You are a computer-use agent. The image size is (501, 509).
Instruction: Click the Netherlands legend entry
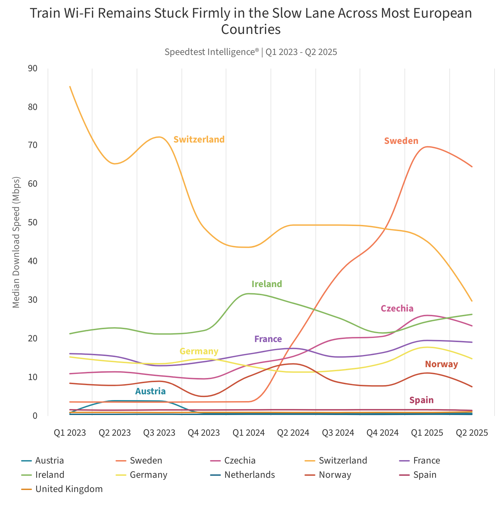[x=249, y=475]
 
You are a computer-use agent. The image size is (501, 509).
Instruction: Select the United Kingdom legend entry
[x=69, y=489]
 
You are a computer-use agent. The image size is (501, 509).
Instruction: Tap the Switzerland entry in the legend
[x=343, y=460]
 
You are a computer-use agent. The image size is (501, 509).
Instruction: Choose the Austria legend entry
[x=49, y=460]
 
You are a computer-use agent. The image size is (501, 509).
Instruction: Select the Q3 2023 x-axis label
[x=159, y=433]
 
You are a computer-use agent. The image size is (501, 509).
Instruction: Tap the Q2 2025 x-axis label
[x=472, y=433]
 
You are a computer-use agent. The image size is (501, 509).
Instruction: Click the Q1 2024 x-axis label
[x=248, y=433]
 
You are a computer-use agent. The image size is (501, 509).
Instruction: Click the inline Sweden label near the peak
[x=401, y=141]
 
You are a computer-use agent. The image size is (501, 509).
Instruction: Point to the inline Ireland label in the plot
[x=267, y=284]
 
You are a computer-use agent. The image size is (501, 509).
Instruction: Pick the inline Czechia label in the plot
[x=397, y=308]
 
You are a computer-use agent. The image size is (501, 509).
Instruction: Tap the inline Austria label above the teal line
[x=150, y=392]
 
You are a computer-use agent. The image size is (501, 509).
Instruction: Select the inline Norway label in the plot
[x=442, y=364]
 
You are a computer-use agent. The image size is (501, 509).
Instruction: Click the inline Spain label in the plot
[x=421, y=400]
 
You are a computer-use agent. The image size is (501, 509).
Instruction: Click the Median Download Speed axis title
[x=16, y=242]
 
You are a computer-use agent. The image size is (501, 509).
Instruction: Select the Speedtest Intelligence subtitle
[x=251, y=52]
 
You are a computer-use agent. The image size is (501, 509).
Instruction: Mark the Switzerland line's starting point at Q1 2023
[x=70, y=87]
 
